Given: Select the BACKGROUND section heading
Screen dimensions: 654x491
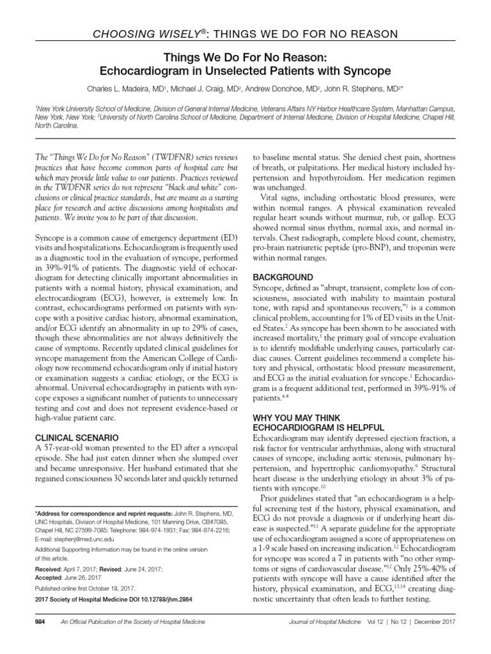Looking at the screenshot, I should [284, 277].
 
